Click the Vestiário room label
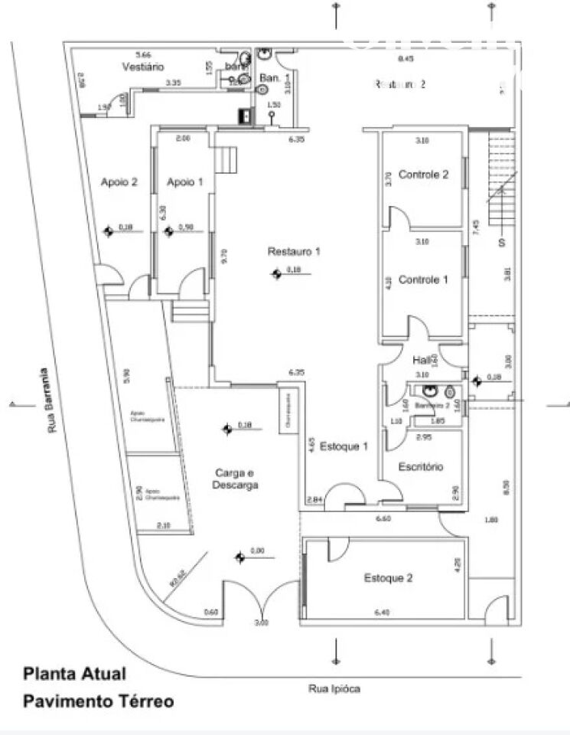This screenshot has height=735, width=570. [143, 67]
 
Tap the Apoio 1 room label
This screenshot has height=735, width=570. [185, 182]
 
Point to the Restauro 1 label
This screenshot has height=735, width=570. [294, 252]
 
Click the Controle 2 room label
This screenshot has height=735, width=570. [423, 175]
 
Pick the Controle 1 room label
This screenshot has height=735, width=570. [423, 280]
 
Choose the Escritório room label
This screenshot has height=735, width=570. [421, 467]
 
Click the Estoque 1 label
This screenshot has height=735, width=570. [344, 446]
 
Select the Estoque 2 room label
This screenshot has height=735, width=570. [388, 578]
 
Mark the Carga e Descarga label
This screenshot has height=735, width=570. [236, 479]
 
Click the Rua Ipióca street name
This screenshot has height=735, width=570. [334, 689]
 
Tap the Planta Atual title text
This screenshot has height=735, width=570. [74, 675]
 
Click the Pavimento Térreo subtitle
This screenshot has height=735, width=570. [98, 701]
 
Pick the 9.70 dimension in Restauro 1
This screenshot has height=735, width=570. [223, 256]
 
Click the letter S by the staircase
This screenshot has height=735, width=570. [503, 243]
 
